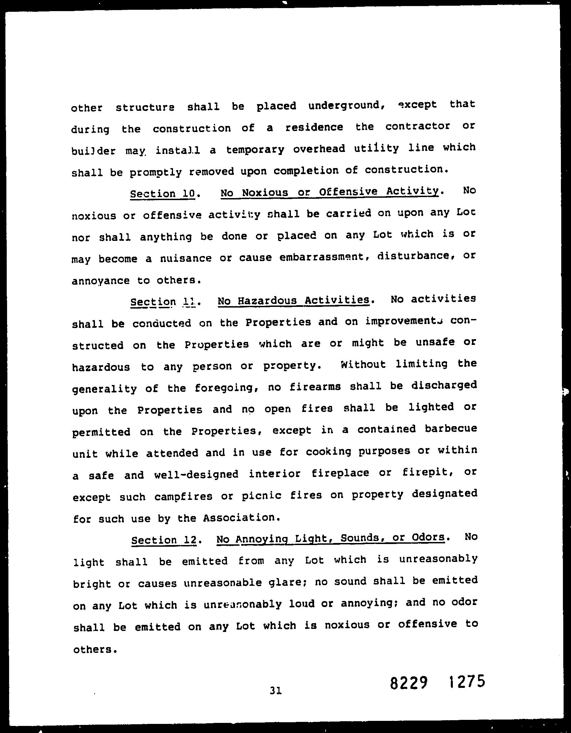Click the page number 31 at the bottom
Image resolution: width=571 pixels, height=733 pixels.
coord(275,691)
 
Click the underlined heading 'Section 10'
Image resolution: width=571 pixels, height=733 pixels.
coord(163,194)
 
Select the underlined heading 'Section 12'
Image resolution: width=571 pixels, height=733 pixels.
coord(164,540)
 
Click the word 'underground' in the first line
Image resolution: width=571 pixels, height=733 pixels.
coord(346,106)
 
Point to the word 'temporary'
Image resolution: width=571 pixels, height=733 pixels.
coord(255,149)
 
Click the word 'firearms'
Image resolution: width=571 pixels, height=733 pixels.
coord(315,387)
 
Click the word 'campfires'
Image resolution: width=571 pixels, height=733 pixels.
coord(183,497)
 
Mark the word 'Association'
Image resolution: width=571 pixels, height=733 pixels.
coord(241,517)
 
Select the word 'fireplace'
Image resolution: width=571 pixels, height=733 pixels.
coord(340,473)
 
